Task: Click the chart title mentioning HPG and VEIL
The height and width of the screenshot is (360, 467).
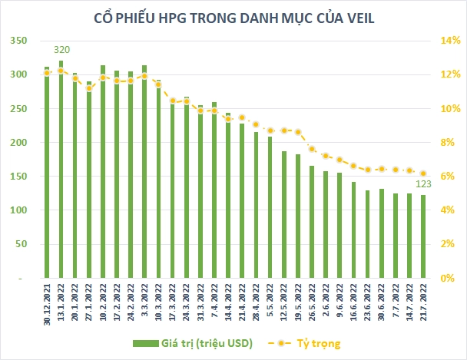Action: [233, 18]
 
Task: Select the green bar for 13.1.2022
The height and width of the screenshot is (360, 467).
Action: [61, 169]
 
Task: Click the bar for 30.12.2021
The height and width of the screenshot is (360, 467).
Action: [47, 172]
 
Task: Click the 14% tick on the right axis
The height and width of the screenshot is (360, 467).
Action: [449, 41]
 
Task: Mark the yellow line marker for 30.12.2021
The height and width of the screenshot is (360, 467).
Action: [47, 72]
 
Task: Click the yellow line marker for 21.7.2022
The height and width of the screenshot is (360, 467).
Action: [423, 173]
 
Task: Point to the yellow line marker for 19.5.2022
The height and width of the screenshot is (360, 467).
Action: [298, 132]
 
